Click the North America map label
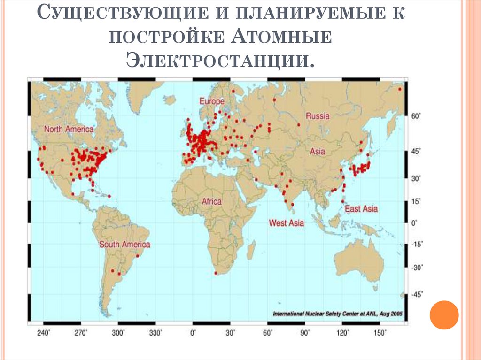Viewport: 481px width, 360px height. point(69,129)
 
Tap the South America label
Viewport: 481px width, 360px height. point(124,245)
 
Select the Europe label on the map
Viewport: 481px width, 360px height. point(211,101)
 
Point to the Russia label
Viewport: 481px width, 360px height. point(318,116)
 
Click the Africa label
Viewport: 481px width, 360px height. point(211,201)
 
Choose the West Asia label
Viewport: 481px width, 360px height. point(286,223)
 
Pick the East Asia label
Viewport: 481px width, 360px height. point(361,209)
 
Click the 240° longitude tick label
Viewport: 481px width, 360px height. point(44,333)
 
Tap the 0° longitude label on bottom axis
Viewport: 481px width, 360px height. point(193,333)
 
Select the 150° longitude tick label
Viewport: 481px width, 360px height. point(380,333)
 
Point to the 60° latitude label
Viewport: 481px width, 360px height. point(416,115)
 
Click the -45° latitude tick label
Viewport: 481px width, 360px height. point(416,294)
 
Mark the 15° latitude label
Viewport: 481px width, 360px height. point(416,201)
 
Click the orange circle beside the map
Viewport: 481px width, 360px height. point(444,314)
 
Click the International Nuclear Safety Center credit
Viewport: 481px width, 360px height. point(337,313)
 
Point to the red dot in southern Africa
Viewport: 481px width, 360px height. point(216,273)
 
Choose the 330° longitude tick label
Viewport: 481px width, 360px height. point(155,333)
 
